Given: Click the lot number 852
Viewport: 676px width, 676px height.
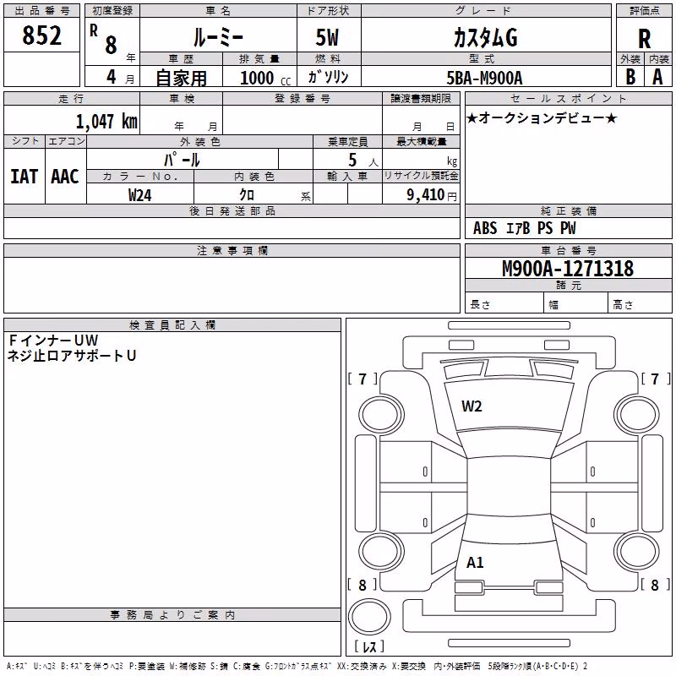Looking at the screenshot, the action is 41,35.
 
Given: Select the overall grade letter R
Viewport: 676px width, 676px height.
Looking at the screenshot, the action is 644,39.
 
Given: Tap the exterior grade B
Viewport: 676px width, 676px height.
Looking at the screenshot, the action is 630,77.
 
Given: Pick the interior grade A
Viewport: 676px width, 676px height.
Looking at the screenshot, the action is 657,77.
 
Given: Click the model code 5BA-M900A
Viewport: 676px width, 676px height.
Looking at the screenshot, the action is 484,78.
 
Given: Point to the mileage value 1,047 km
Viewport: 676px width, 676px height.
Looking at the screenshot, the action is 106,121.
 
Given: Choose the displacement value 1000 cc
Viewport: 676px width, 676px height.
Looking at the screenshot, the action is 265,78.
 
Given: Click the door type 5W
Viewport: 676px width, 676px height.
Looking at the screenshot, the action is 327,37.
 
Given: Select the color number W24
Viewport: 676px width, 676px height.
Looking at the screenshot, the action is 139,195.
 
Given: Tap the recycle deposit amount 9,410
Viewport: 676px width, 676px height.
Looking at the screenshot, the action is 426,194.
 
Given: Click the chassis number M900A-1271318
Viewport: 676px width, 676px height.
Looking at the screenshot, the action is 568,269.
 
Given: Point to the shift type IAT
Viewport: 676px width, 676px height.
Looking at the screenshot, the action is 25,177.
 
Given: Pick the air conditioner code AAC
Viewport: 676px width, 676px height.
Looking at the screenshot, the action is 65,177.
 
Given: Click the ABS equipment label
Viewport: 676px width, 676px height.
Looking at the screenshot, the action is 485,228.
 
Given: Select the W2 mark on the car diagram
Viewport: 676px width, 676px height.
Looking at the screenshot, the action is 472,406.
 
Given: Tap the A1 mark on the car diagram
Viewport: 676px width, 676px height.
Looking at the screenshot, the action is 475,563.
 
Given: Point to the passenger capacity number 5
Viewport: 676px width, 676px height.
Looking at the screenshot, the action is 352,160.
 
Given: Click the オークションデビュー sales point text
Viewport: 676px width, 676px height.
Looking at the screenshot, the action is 542,117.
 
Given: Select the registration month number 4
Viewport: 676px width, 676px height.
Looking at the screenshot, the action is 112,77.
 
